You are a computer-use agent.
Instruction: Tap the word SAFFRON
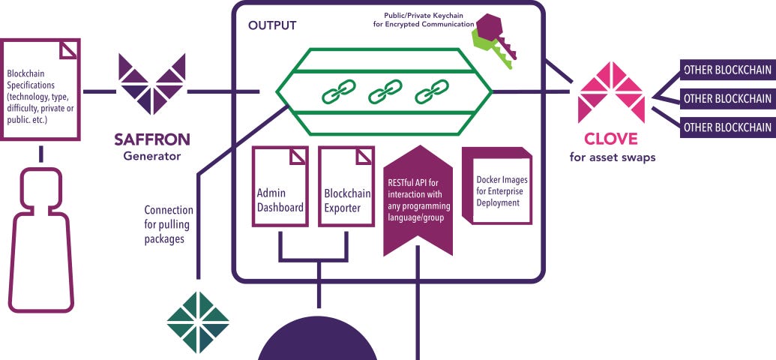click(152, 139)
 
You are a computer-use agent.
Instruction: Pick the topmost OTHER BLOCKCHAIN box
click(727, 70)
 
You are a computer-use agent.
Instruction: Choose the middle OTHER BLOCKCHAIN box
click(727, 98)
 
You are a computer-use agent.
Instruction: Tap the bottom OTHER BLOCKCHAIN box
click(727, 127)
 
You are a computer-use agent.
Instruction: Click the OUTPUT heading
click(272, 25)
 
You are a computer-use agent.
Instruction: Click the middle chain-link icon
click(380, 94)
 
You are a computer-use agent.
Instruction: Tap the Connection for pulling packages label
click(168, 224)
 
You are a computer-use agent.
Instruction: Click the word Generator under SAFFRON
click(152, 156)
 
